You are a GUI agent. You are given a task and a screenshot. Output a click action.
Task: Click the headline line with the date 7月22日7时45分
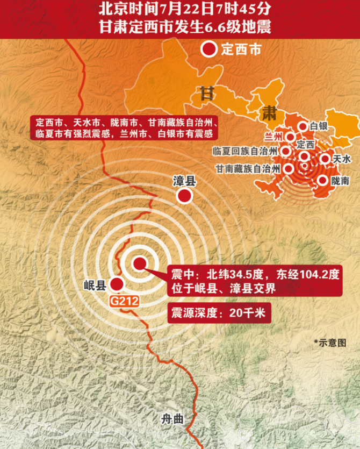click(x=180, y=9)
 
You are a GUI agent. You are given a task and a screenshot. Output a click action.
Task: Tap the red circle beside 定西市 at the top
click(x=208, y=51)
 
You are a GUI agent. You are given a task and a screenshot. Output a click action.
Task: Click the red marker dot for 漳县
click(x=185, y=196)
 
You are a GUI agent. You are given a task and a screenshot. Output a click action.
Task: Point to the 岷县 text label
click(x=95, y=285)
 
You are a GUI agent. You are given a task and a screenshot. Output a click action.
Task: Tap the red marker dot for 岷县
click(x=116, y=284)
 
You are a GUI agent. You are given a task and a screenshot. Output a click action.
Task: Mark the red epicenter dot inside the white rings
click(x=139, y=263)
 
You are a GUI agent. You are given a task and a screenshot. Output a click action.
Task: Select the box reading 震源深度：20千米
click(x=218, y=313)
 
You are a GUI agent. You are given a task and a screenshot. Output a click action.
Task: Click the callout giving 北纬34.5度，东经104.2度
click(x=255, y=281)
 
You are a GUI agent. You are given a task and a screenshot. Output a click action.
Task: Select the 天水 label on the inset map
click(x=342, y=159)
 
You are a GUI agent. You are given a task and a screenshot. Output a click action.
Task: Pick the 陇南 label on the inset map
click(x=341, y=181)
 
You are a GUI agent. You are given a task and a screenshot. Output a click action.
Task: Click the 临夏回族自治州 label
click(x=245, y=151)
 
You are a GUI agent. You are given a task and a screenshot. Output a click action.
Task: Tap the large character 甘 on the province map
click(x=206, y=93)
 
